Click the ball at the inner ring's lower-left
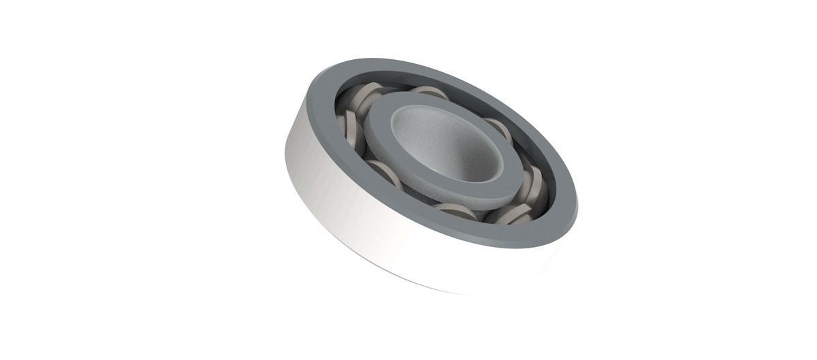(385, 174)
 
